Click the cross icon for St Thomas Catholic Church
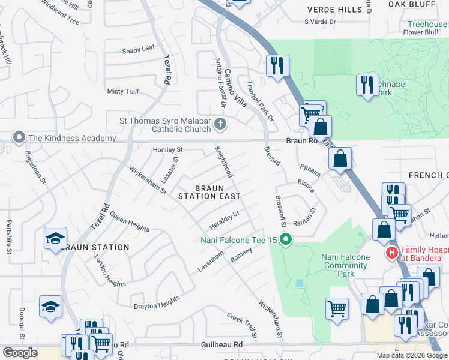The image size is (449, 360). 220,125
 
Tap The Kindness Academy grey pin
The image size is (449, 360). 19,138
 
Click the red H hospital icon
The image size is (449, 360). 392,253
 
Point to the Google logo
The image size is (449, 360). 20,353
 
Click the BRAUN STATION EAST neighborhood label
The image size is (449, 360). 209,191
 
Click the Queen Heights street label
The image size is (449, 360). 129,224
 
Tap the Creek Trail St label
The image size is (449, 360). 241,325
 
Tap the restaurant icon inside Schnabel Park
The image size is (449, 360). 367,84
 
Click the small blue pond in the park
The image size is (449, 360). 300,283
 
